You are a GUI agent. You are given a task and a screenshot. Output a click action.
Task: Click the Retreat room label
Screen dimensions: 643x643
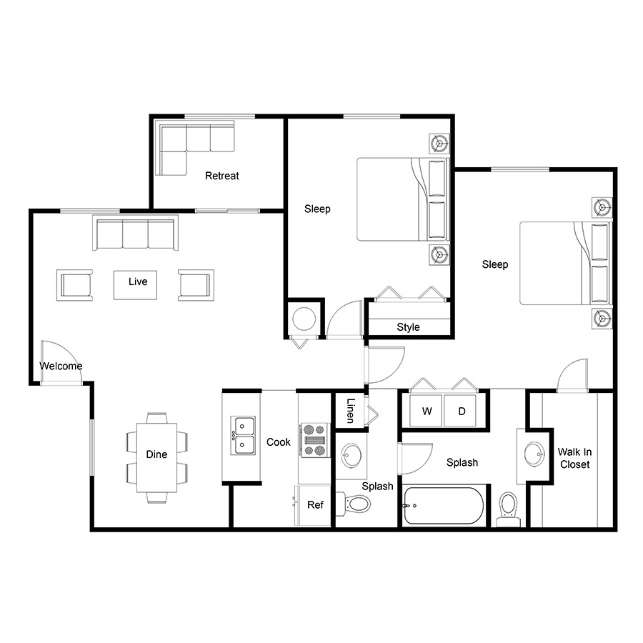point(222,176)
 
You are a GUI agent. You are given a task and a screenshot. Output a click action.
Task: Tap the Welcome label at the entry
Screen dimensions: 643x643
point(61,366)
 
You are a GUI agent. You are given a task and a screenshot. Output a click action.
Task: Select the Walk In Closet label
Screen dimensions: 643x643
point(574,458)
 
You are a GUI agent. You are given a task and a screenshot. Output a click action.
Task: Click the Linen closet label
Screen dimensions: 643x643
point(350,411)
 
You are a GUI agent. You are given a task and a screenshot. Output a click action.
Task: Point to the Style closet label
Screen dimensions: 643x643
point(408,327)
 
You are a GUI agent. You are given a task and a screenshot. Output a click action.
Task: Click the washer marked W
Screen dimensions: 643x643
point(426,411)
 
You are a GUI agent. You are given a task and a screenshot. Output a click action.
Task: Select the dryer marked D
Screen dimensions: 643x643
point(460,411)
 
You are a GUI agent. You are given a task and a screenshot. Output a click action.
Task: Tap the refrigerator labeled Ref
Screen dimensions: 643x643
point(313,505)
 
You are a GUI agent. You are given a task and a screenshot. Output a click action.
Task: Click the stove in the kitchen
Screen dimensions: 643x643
point(315,440)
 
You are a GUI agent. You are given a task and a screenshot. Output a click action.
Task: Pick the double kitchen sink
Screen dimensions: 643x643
point(243,435)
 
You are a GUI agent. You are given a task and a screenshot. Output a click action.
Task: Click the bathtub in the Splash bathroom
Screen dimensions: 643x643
point(443,506)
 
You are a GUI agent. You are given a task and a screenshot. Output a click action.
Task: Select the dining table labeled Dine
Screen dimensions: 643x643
point(156,458)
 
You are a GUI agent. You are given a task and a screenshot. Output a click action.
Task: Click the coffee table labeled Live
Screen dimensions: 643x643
point(135,285)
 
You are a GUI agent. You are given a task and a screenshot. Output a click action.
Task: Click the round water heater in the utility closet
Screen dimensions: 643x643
point(304,319)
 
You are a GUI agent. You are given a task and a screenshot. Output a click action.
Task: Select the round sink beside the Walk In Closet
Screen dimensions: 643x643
point(534,454)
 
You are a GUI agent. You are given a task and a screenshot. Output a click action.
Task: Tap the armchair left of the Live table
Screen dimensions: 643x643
point(74,285)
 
